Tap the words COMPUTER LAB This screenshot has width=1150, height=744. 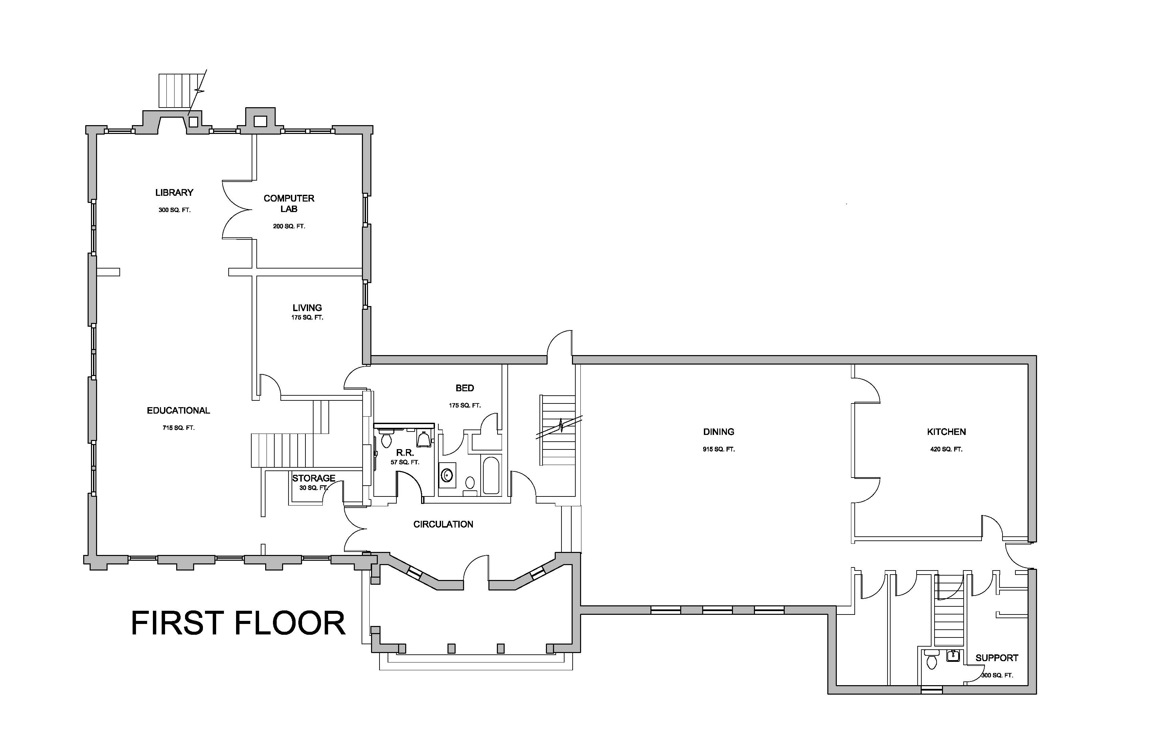click(x=289, y=203)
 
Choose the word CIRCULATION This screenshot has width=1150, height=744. click(x=443, y=524)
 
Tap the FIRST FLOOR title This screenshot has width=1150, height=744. click(x=238, y=623)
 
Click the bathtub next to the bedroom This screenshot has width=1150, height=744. click(x=491, y=475)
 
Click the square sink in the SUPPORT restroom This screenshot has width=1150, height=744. click(x=953, y=656)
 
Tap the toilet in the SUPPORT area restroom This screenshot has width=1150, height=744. click(x=931, y=659)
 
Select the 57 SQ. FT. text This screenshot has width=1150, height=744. click(x=405, y=462)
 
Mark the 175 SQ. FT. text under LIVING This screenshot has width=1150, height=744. click(x=307, y=318)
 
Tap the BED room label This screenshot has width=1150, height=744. click(x=465, y=388)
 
